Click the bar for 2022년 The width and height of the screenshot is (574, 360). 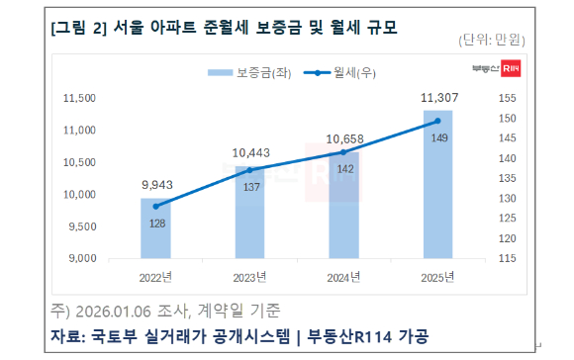(155, 228)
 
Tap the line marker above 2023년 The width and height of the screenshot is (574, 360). (249, 170)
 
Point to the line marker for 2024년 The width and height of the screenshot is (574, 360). (343, 151)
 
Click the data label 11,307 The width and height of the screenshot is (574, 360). (438, 98)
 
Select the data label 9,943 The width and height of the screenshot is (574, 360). (155, 185)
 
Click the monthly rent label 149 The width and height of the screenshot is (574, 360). (437, 137)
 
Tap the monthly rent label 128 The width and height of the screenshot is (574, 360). (155, 224)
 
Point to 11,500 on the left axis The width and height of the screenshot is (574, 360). (78, 99)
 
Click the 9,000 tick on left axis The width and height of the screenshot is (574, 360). (81, 259)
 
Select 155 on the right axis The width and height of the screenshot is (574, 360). (506, 99)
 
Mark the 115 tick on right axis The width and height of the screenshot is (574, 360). (506, 259)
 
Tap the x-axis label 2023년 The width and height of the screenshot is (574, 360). (249, 276)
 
